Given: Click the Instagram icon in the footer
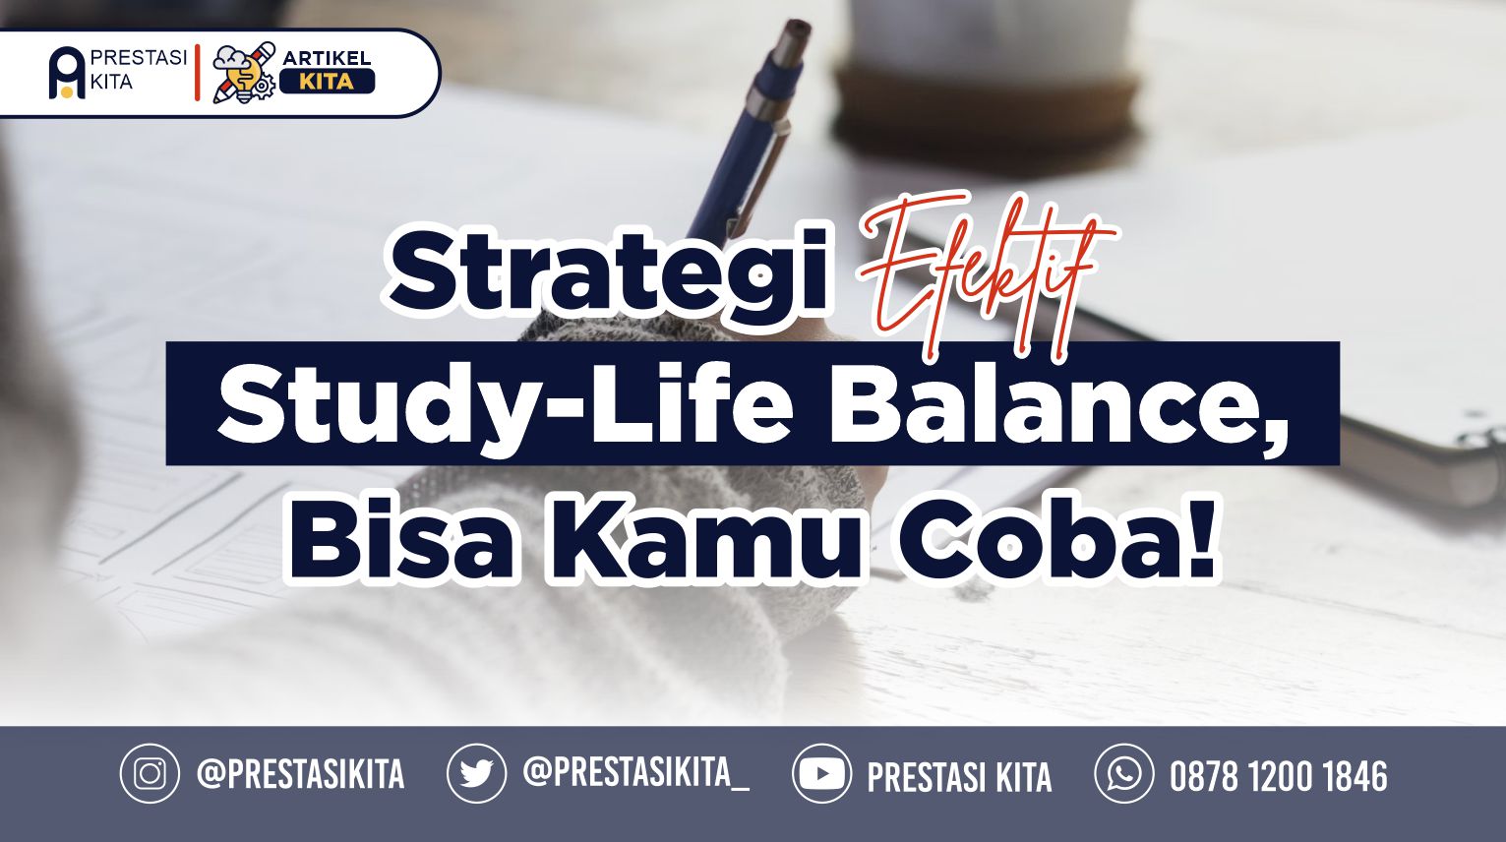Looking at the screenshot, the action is (x=150, y=773).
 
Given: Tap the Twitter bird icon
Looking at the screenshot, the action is (x=477, y=773).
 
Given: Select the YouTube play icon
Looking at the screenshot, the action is (x=821, y=773).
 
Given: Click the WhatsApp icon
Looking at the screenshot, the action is (x=1124, y=773).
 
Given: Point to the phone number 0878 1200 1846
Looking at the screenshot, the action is (x=1278, y=775).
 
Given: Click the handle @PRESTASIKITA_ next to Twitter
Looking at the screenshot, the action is (x=636, y=772).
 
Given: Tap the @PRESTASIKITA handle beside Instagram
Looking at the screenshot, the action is (x=301, y=773).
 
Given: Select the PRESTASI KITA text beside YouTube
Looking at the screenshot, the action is (x=959, y=777).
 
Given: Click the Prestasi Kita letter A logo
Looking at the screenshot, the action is (x=67, y=74).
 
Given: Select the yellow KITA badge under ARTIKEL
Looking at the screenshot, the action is (x=327, y=82).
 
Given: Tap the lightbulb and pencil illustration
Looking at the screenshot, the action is (x=244, y=74).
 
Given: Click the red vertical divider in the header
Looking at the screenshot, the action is (x=197, y=73).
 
